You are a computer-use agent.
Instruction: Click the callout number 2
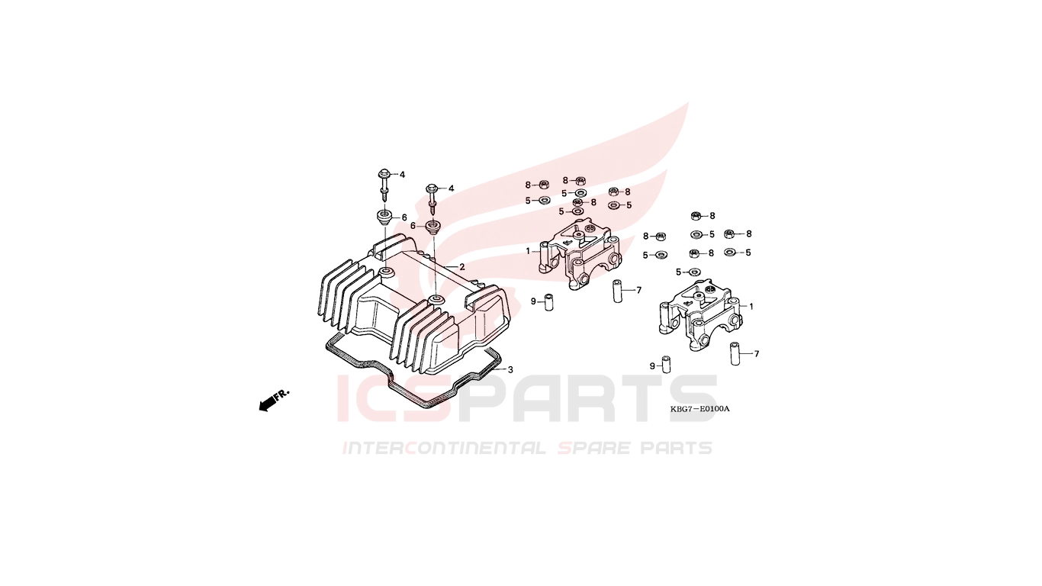point(462,267)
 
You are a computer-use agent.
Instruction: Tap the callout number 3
point(510,369)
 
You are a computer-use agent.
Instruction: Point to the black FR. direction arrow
point(266,404)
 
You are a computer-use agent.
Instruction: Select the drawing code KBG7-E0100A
point(699,409)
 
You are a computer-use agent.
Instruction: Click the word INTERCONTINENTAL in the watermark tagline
point(444,448)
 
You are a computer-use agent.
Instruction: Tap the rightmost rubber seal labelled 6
point(433,227)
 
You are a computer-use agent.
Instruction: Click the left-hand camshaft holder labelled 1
point(581,253)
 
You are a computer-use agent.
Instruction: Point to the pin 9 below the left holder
point(549,302)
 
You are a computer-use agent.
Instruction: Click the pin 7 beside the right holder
point(735,354)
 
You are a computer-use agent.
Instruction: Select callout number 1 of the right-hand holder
point(751,307)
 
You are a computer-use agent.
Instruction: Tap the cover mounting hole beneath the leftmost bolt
point(385,271)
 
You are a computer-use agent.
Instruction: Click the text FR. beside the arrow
point(281,395)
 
